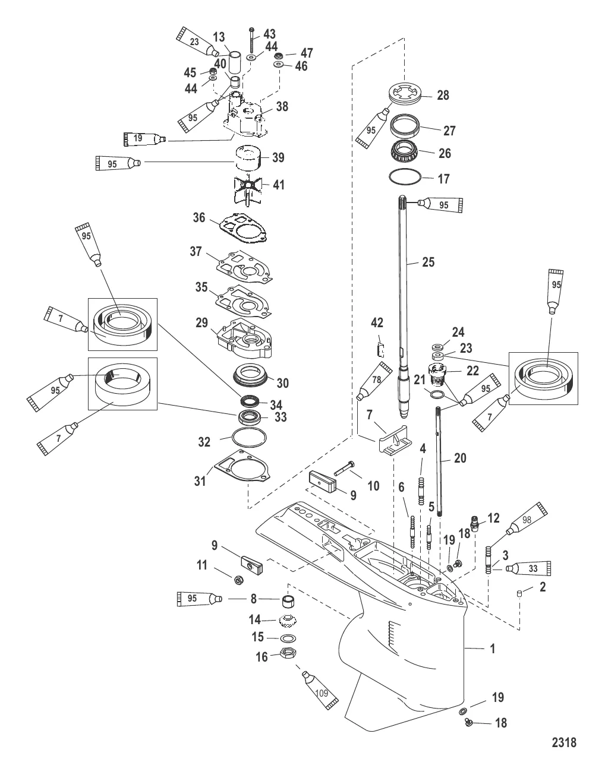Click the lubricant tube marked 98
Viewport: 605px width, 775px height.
527,519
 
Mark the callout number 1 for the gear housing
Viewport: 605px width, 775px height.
492,649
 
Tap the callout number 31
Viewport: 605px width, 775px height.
201,480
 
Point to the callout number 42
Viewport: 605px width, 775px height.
377,323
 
